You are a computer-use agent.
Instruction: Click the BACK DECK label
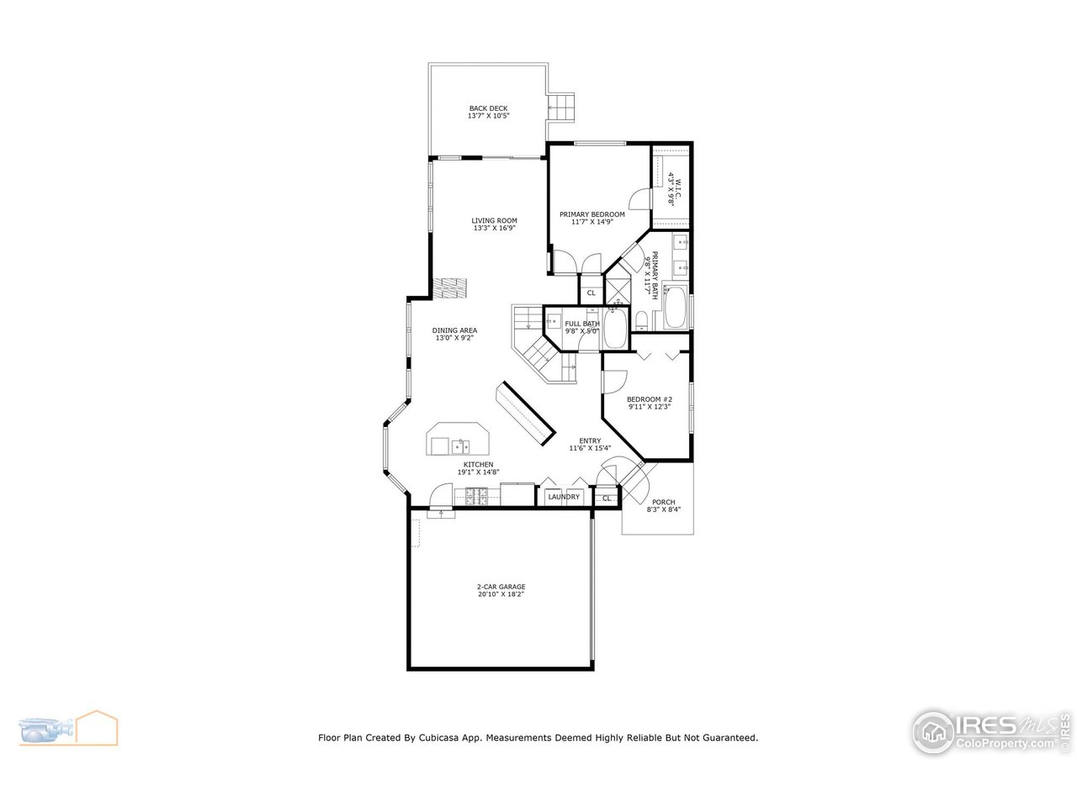pyautogui.click(x=488, y=108)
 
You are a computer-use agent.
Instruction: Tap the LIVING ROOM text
pyautogui.click(x=494, y=220)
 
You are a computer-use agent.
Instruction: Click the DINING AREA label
pyautogui.click(x=454, y=330)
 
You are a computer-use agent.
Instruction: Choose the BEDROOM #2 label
pyautogui.click(x=650, y=399)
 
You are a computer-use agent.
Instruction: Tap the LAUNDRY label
pyautogui.click(x=564, y=497)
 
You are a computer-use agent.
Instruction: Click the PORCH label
pyautogui.click(x=663, y=503)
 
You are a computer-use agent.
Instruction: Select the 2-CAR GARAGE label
pyautogui.click(x=501, y=587)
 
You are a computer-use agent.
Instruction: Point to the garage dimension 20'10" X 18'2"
pyautogui.click(x=501, y=594)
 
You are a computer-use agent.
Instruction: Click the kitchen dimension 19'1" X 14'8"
pyautogui.click(x=478, y=472)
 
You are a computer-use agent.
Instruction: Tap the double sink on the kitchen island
pyautogui.click(x=459, y=445)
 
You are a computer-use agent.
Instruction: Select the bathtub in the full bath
pyautogui.click(x=614, y=328)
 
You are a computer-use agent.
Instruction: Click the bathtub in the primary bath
pyautogui.click(x=675, y=309)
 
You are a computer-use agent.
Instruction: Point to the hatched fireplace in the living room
pyautogui.click(x=448, y=288)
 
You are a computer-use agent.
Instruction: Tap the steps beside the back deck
pyautogui.click(x=561, y=105)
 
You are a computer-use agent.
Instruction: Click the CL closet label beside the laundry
pyautogui.click(x=607, y=498)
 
